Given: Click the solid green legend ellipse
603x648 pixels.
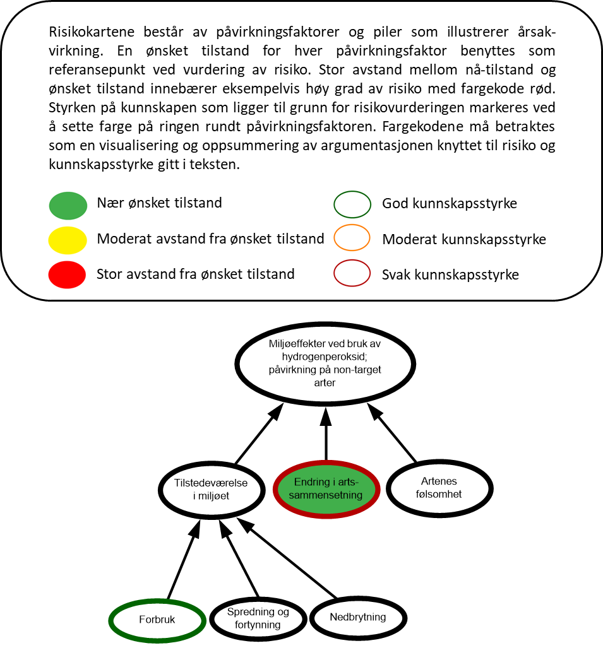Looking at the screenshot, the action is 68,206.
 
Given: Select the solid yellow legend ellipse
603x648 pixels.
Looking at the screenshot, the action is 68,240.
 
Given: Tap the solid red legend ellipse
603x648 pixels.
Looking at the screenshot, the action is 67,275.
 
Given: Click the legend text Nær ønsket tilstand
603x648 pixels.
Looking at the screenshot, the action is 159,203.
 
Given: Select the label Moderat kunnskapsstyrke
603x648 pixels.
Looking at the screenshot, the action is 464,239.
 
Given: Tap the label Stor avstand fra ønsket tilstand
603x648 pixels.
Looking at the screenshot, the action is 196,274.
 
